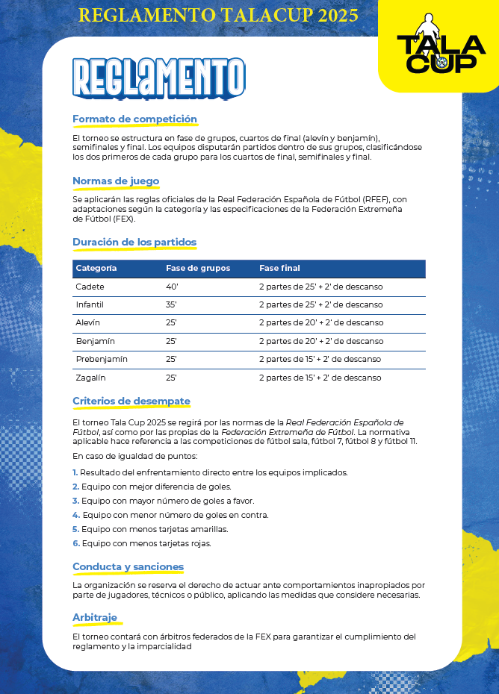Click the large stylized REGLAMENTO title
point(159,78)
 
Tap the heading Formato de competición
point(134,119)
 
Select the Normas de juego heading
point(116,181)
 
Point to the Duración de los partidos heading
point(134,243)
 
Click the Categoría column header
point(96,269)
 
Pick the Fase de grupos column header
point(198,269)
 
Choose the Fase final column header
point(279,269)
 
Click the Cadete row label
point(90,287)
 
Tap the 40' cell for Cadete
point(172,287)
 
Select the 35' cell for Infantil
point(172,304)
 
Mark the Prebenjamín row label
point(102,359)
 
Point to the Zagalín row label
point(91,378)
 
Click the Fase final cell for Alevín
point(320,323)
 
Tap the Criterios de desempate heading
point(131,401)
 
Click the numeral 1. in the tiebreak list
point(75,472)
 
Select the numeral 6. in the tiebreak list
point(75,543)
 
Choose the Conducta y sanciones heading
point(128,567)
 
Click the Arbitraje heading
point(95,618)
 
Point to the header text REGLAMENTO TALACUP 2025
point(218,16)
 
